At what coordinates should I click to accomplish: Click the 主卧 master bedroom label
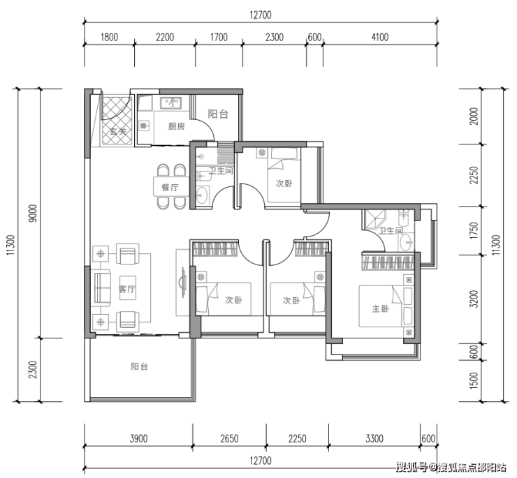click(x=380, y=308)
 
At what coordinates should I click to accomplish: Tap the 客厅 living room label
click(x=127, y=289)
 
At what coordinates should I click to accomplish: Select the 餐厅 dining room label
click(x=170, y=188)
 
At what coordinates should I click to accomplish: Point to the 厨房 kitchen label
click(x=176, y=126)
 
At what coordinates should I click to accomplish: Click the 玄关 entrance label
click(x=118, y=131)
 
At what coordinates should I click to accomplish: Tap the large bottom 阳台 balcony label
click(x=139, y=366)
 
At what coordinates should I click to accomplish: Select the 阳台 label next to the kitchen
click(x=218, y=114)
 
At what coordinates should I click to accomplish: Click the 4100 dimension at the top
click(x=380, y=37)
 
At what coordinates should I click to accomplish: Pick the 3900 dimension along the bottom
click(x=138, y=438)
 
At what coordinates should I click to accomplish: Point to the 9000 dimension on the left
click(x=33, y=213)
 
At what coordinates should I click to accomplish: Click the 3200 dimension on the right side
click(x=474, y=299)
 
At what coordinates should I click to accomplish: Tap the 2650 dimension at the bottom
click(x=229, y=438)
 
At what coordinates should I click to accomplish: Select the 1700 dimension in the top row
click(x=219, y=37)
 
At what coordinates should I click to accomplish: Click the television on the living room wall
click(x=183, y=283)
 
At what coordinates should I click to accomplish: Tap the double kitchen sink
click(x=170, y=103)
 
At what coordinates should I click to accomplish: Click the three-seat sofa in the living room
click(x=103, y=287)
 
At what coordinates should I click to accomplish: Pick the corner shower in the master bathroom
click(x=374, y=219)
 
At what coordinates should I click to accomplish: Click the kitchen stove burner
click(x=144, y=126)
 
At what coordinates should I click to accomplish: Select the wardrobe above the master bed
click(x=388, y=262)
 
